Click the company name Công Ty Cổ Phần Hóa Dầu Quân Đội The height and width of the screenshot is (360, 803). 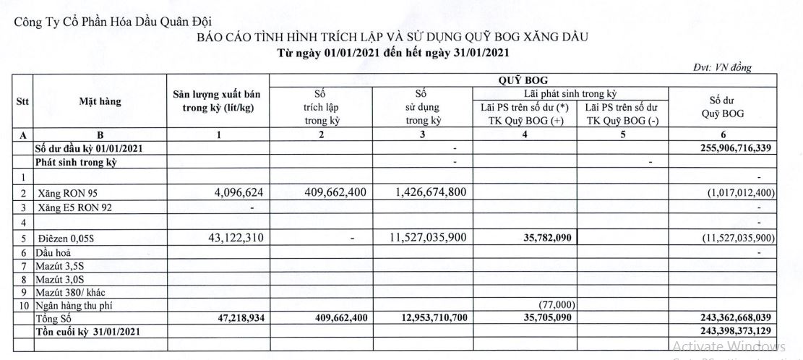point(114,22)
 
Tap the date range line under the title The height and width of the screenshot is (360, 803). point(396,52)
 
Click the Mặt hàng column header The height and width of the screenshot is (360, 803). point(100,102)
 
